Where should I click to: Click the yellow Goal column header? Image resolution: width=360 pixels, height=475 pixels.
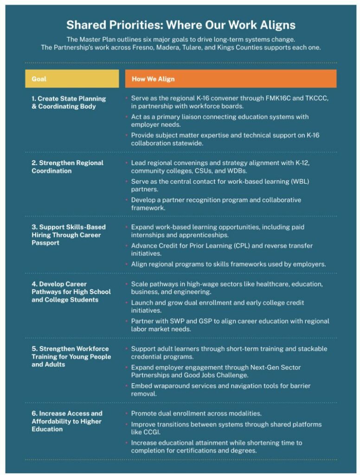pyautogui.click(x=72, y=79)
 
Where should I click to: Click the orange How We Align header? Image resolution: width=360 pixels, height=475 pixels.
pyautogui.click(x=231, y=79)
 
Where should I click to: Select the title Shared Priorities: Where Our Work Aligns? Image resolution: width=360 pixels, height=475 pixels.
pyautogui.click(x=180, y=25)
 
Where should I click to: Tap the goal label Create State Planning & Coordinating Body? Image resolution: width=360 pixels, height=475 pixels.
pyautogui.click(x=69, y=103)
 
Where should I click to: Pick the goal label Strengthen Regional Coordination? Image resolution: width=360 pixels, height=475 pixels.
pyautogui.click(x=67, y=167)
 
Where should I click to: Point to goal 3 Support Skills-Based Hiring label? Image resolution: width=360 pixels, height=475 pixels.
pyautogui.click(x=69, y=235)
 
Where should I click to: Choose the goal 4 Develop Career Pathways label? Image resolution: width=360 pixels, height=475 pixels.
pyautogui.click(x=71, y=292)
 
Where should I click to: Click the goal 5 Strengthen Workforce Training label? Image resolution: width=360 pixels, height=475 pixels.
pyautogui.click(x=71, y=356)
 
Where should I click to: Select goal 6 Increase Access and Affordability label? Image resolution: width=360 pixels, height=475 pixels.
pyautogui.click(x=67, y=421)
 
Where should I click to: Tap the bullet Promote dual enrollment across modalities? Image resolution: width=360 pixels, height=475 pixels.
pyautogui.click(x=196, y=413)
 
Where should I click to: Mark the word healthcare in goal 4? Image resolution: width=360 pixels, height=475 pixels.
pyautogui.click(x=264, y=284)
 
